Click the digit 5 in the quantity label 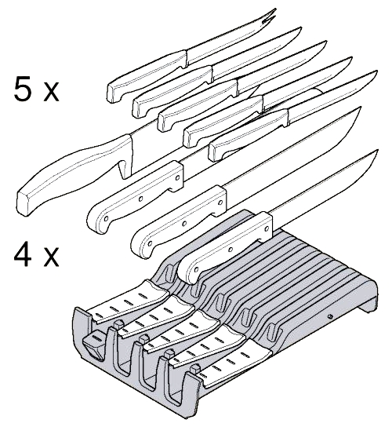23,88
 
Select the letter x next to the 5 51,92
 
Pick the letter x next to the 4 51,257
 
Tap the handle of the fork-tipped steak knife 147,75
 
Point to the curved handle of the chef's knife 74,174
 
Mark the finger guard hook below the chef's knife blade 124,168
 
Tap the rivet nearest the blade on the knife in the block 267,228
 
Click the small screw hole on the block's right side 330,316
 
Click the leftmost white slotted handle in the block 129,302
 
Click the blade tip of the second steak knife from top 299,28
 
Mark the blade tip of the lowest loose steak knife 376,72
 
